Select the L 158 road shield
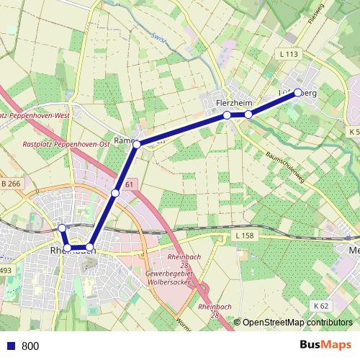(245, 236)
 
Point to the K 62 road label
(321, 306)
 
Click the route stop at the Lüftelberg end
(298, 93)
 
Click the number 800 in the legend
(30, 346)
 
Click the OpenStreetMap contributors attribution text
(297, 323)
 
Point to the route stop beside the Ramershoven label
(137, 145)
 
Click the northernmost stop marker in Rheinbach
(62, 228)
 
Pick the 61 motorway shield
(129, 186)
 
